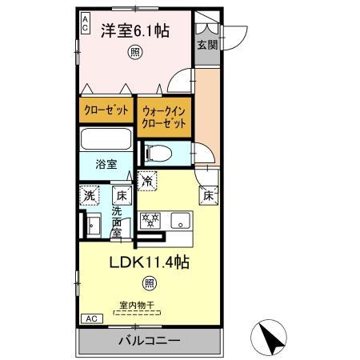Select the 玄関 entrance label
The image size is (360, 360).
pyautogui.click(x=207, y=45)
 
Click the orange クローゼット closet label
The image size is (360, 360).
pyautogui.click(x=106, y=110)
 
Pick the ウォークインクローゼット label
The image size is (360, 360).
pyautogui.click(x=164, y=118)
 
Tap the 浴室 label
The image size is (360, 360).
pyautogui.click(x=107, y=164)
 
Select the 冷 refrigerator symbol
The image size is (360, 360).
pyautogui.click(x=146, y=182)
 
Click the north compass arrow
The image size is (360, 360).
pyautogui.click(x=271, y=337)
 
